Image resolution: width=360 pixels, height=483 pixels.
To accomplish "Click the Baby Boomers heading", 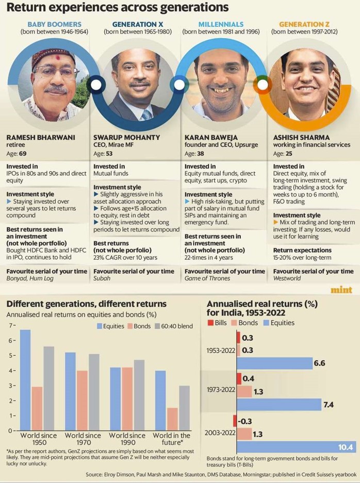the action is [x=54, y=24].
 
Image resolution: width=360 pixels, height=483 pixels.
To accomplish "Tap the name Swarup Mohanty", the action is [x=127, y=138].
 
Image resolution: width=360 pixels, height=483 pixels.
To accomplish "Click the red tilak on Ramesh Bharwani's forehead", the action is [x=57, y=58].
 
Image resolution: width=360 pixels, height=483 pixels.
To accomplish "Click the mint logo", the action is [x=341, y=290].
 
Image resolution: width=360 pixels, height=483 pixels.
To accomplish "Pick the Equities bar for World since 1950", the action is [x=26, y=380].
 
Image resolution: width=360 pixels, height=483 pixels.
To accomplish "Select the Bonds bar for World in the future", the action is [x=172, y=419].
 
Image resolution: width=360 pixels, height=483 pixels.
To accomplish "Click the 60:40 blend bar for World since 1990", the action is [x=139, y=395].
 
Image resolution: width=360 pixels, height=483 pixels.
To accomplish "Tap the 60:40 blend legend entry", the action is [x=174, y=326].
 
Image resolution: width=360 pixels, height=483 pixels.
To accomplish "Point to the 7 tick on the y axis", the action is [x=11, y=325].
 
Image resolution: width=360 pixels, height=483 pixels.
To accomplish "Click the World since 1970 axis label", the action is [x=83, y=439].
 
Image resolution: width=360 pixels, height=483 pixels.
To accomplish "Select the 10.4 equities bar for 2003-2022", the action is [x=297, y=447].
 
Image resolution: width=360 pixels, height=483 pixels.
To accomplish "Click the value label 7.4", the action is [x=329, y=405].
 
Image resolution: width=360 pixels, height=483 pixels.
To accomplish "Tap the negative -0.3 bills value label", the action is [x=244, y=421].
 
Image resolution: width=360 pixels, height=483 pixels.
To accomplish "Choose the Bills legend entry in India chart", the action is [x=217, y=323].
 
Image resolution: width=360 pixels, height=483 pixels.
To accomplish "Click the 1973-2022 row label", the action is [x=221, y=390].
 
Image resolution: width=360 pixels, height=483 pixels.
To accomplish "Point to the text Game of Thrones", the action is [x=207, y=278].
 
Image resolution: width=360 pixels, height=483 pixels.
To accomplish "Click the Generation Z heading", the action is [x=304, y=24].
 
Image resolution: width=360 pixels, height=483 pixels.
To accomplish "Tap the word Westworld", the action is [x=287, y=278].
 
